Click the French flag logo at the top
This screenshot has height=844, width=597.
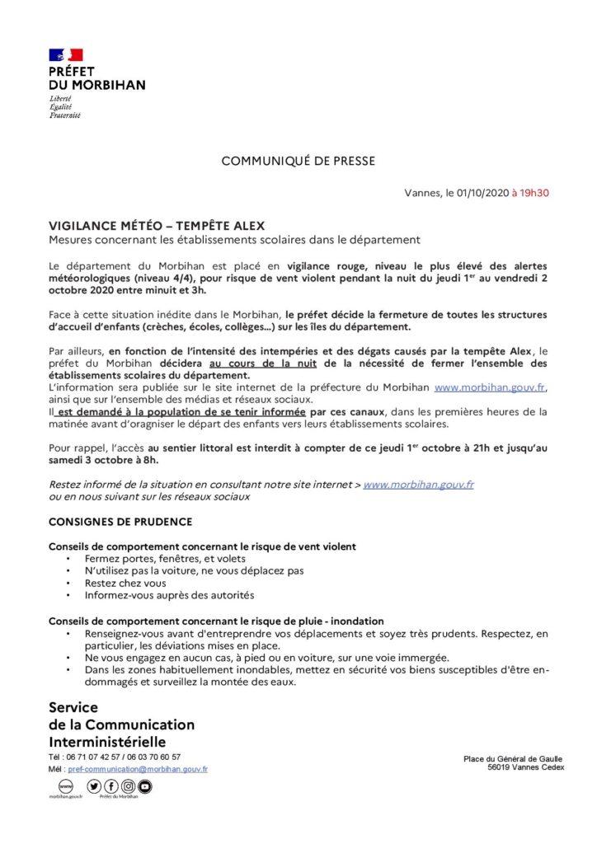click(x=66, y=55)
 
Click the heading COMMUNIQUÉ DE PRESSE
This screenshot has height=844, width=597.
click(x=298, y=161)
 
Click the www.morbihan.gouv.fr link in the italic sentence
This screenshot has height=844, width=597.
click(x=418, y=485)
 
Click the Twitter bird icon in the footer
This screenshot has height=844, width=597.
click(x=94, y=786)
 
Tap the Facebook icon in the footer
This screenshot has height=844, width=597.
click(x=111, y=786)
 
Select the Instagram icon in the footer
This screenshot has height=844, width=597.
click(x=129, y=786)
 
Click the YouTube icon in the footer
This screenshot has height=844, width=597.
click(x=145, y=786)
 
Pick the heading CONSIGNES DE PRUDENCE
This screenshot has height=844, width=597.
click(x=120, y=522)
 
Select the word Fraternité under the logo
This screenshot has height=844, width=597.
click(x=65, y=115)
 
